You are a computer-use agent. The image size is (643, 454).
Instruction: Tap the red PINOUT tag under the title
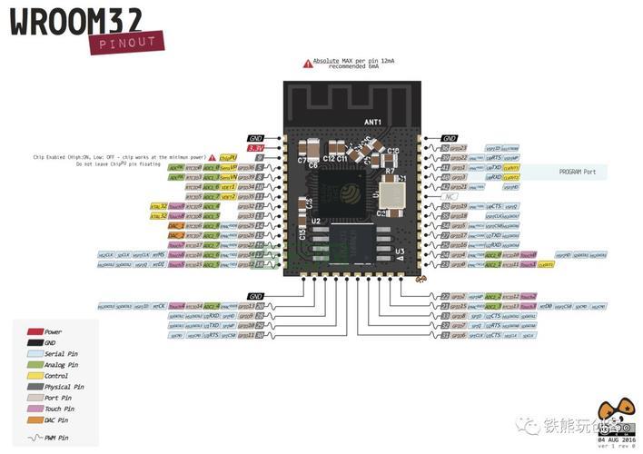coord(127,42)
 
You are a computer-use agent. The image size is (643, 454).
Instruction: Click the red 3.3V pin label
coord(255,147)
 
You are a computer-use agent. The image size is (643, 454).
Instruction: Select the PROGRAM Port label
coord(579,171)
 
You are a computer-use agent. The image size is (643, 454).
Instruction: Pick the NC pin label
coord(449,196)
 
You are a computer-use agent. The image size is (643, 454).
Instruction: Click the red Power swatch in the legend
coord(36,332)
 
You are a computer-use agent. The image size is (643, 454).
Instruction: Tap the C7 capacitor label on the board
coord(302,160)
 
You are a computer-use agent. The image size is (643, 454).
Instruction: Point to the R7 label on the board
coord(390,171)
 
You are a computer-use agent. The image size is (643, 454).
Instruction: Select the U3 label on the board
coord(400,251)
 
